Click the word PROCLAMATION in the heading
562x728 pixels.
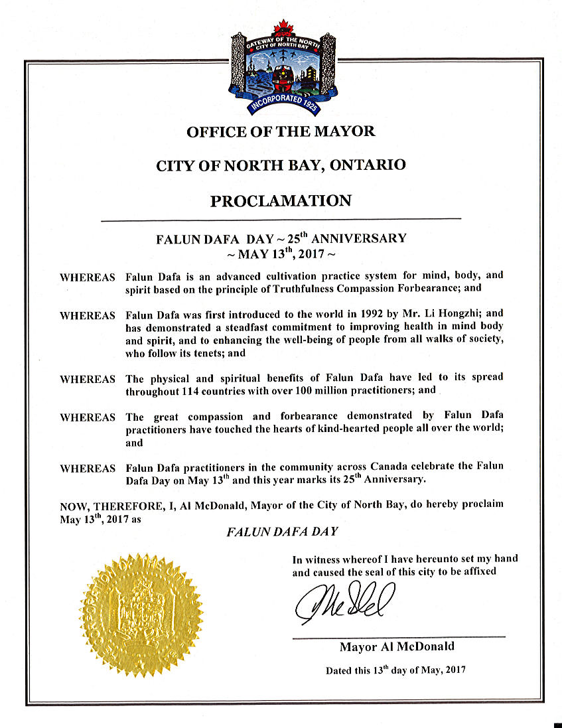pyautogui.click(x=281, y=200)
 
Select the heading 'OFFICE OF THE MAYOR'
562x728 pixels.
pyautogui.click(x=281, y=131)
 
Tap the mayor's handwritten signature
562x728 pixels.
pyautogui.click(x=345, y=601)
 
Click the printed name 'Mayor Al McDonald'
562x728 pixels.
pyautogui.click(x=397, y=646)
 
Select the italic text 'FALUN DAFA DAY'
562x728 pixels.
pyautogui.click(x=283, y=532)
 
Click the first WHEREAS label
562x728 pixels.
pyautogui.click(x=87, y=277)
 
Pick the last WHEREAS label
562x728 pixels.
pyautogui.click(x=87, y=469)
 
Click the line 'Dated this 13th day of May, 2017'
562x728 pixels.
pyautogui.click(x=395, y=670)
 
